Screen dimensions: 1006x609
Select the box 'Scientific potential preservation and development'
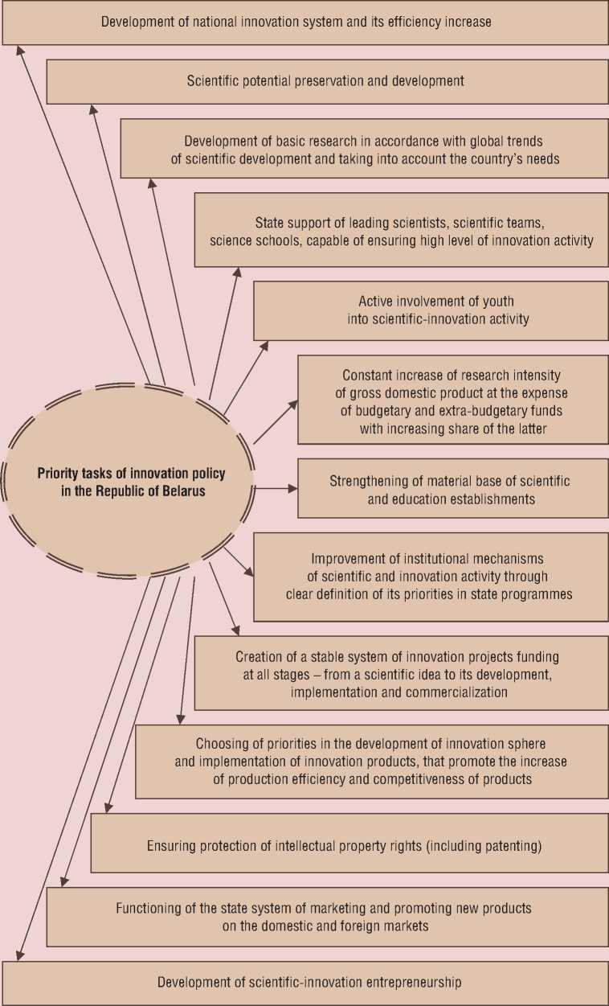325,80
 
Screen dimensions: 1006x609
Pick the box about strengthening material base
452,488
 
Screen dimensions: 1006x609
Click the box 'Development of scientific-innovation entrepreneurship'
309,982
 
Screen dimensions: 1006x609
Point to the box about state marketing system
325,917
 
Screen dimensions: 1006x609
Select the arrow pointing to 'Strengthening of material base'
276,487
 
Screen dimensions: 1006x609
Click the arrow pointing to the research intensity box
275,421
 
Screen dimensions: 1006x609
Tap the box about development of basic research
364,148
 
